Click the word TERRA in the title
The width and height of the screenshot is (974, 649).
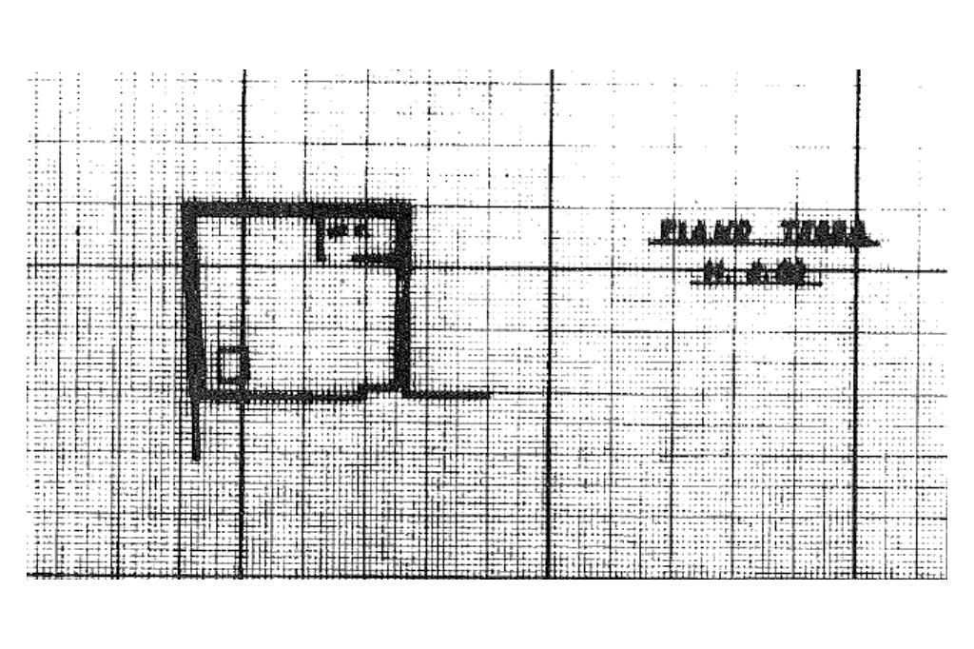[x=824, y=230]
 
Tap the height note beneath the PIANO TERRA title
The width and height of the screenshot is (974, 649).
[x=756, y=273]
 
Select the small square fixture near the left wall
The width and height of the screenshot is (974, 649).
[x=229, y=364]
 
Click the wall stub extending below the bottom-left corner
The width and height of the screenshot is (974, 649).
[x=197, y=428]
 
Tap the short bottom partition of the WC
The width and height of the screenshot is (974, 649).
[x=373, y=257]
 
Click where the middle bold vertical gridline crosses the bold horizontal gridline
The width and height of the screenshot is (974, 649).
[x=552, y=267]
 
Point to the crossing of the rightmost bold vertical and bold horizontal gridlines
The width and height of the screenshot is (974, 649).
[x=857, y=270]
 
